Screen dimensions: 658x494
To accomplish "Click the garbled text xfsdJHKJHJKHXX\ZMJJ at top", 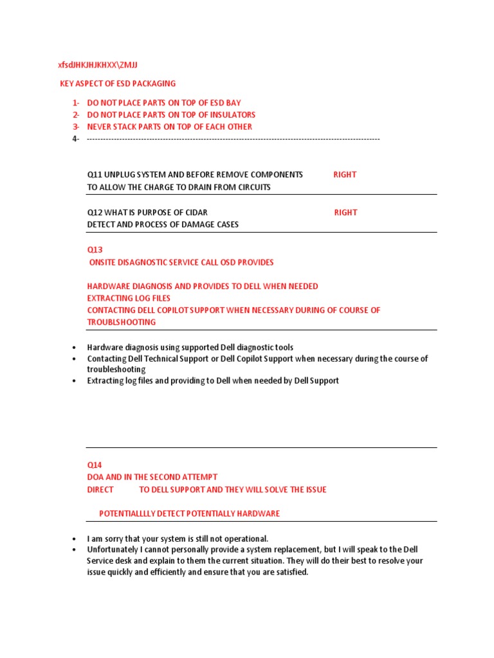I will click(x=98, y=65).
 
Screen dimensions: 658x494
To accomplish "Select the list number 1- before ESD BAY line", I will click(x=76, y=103).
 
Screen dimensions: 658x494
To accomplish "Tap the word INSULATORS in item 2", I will click(x=232, y=115).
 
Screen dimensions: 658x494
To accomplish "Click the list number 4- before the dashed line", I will click(x=76, y=139).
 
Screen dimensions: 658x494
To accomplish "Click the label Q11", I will click(x=95, y=175).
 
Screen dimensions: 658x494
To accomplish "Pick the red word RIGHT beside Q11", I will click(x=345, y=175).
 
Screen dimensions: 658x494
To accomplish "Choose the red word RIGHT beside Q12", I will click(x=345, y=213).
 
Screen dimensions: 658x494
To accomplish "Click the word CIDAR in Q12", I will click(x=196, y=213).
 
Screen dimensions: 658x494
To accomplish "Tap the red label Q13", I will click(x=95, y=249).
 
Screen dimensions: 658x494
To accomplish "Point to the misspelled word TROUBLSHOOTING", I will click(x=122, y=322).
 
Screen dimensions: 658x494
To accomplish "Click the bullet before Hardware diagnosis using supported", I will click(x=75, y=348).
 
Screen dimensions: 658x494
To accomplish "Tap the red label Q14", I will click(x=95, y=465).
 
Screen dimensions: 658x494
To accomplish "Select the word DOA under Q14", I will click(x=96, y=477).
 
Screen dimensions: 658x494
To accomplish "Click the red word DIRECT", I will click(x=100, y=490).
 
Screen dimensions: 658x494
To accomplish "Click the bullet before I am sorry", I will click(x=75, y=539).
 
